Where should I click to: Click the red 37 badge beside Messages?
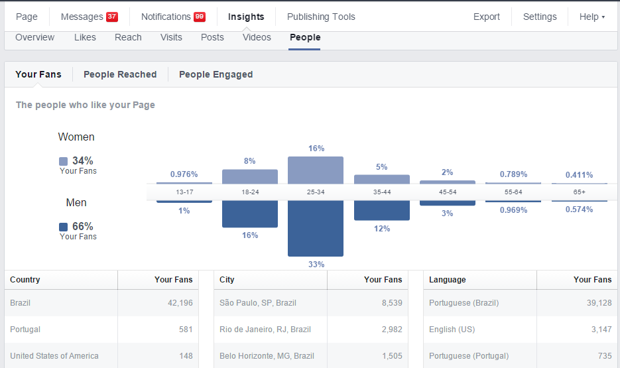(111, 17)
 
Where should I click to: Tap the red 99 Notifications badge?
(199, 17)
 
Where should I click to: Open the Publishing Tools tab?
(321, 17)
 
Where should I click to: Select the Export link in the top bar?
(487, 17)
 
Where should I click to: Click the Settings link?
(540, 17)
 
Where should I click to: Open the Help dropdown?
(591, 17)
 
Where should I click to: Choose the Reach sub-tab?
(128, 37)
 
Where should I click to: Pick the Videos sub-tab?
(257, 37)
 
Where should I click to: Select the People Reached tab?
(120, 74)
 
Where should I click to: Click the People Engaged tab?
(216, 74)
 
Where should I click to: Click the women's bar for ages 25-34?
(316, 170)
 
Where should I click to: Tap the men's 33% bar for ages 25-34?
(316, 229)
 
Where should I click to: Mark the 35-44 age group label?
(381, 192)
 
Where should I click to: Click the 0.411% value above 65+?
(579, 174)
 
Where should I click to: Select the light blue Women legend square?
(63, 161)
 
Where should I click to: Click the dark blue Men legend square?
(63, 227)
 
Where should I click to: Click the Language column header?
(448, 280)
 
